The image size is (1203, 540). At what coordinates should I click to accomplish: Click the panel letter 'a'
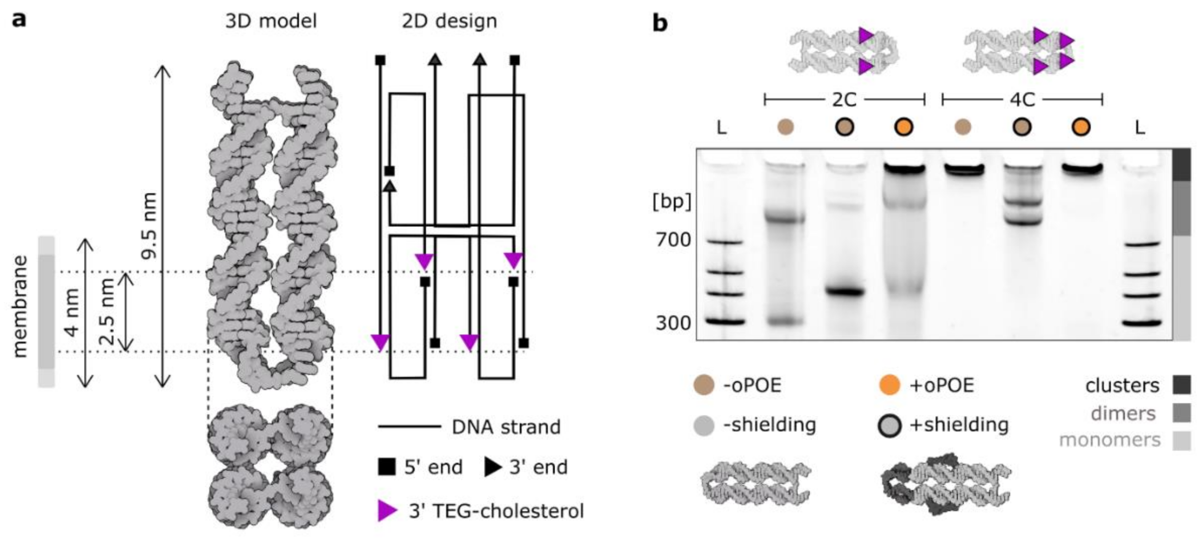tap(19, 20)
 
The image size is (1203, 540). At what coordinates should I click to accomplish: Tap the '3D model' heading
tap(271, 21)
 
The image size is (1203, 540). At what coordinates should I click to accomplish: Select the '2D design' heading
tap(449, 21)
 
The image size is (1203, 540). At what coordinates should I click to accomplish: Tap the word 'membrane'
tap(19, 306)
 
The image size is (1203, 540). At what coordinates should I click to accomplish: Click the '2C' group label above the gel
tap(844, 100)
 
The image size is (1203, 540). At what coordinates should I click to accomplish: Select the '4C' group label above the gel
tap(1022, 100)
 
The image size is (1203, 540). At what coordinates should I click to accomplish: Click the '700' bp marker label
tap(673, 240)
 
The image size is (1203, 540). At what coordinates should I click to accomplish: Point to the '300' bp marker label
tap(673, 323)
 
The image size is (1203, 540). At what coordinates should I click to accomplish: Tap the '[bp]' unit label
tap(671, 202)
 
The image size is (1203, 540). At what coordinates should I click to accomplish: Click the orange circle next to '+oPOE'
tap(889, 386)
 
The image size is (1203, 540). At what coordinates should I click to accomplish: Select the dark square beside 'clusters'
tap(1181, 385)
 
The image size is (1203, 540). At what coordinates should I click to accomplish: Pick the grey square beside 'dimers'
tap(1181, 413)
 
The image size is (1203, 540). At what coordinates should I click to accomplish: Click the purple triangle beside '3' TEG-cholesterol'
tap(387, 510)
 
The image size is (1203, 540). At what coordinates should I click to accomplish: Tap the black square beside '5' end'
tap(387, 467)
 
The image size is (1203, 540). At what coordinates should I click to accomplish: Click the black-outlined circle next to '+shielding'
tap(889, 425)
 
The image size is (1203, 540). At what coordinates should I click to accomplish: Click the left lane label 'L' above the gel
tap(721, 127)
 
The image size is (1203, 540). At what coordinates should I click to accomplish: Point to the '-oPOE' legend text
tap(752, 386)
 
